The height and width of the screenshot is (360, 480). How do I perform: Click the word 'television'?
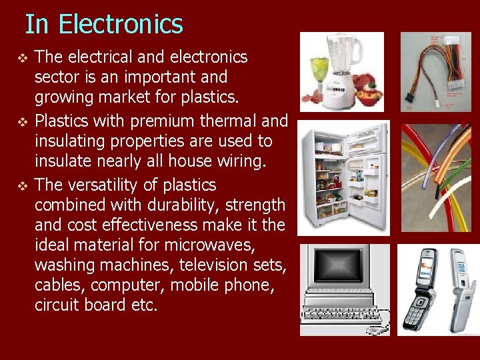coord(211,265)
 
